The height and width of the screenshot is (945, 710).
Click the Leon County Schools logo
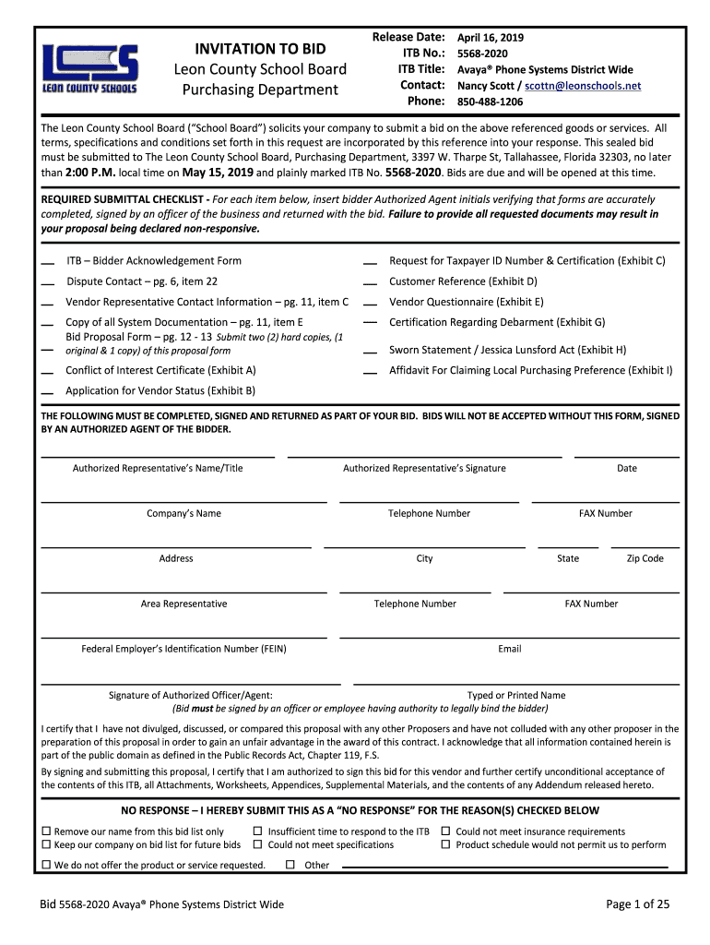(x=90, y=68)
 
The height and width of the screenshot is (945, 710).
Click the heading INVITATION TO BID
(x=260, y=49)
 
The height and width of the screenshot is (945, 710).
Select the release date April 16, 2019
(x=491, y=38)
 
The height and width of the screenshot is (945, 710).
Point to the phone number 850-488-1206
(x=490, y=102)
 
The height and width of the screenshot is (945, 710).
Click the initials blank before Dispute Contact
(x=47, y=283)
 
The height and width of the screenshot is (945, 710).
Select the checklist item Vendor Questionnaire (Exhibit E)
(x=466, y=302)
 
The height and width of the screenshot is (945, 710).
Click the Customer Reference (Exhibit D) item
(x=463, y=281)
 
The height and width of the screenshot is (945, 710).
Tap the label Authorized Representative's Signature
(x=424, y=468)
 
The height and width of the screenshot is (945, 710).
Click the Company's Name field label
(x=183, y=513)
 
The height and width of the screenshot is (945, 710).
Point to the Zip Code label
(x=645, y=558)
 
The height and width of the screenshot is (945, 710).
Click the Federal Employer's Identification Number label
(x=183, y=649)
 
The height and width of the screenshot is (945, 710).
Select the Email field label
(x=510, y=649)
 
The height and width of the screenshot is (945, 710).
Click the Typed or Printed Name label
(x=516, y=695)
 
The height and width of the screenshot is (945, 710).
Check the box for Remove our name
(x=46, y=831)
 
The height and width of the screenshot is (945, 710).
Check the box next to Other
(x=290, y=865)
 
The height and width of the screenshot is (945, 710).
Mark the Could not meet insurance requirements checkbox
(x=446, y=831)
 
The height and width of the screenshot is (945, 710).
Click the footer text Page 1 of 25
(x=637, y=904)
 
